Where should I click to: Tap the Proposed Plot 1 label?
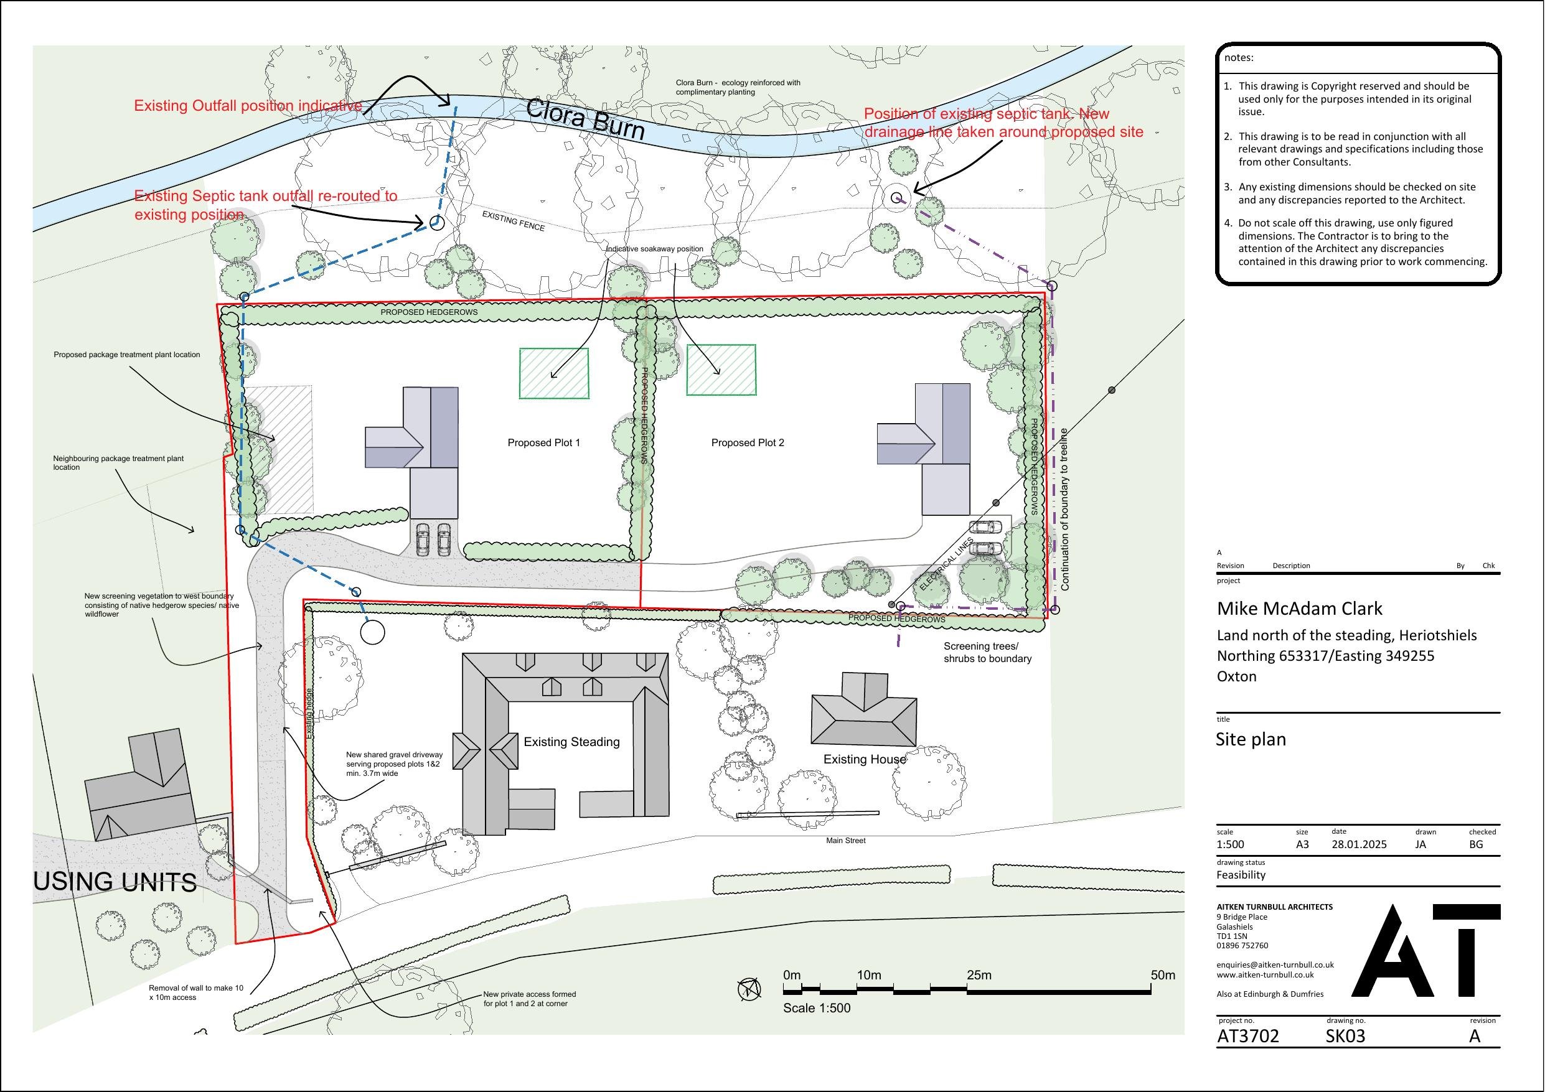(x=543, y=443)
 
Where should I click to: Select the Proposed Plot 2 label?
(x=748, y=443)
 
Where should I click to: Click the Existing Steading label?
(x=572, y=742)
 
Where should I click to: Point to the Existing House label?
(x=865, y=760)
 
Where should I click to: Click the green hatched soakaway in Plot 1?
(x=554, y=373)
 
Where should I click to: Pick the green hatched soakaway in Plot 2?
(x=721, y=370)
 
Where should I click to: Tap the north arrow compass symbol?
(x=749, y=989)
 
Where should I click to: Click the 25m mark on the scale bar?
(x=979, y=976)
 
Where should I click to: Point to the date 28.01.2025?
(x=1359, y=844)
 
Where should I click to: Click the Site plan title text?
(x=1251, y=739)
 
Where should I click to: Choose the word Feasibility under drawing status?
(x=1241, y=875)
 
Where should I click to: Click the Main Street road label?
(x=846, y=841)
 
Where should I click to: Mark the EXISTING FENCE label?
(x=514, y=221)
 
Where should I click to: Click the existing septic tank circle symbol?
(x=896, y=197)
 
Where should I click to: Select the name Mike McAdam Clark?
(x=1299, y=609)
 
